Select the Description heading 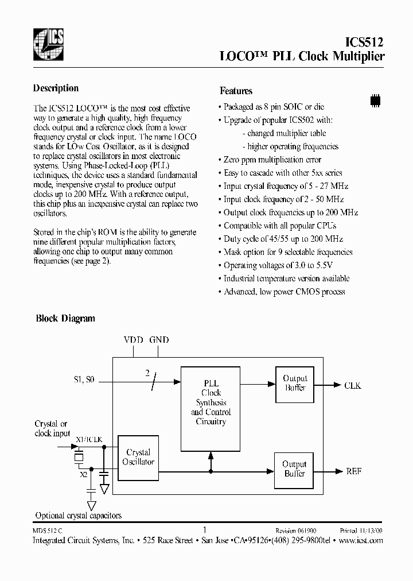point(56,88)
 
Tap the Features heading point(236,91)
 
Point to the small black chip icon point(375,99)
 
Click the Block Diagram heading point(65,318)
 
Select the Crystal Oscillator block point(138,457)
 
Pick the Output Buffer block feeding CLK point(295,383)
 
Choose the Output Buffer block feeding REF point(295,469)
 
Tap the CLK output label point(352,386)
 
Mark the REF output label point(353,471)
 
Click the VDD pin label point(133,340)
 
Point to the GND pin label point(159,340)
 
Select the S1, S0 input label point(84,380)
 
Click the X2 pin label point(83,475)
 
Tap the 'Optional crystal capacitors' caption point(79,516)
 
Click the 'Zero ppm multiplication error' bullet point(272,160)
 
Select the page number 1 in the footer point(204,530)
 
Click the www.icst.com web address point(361,541)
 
